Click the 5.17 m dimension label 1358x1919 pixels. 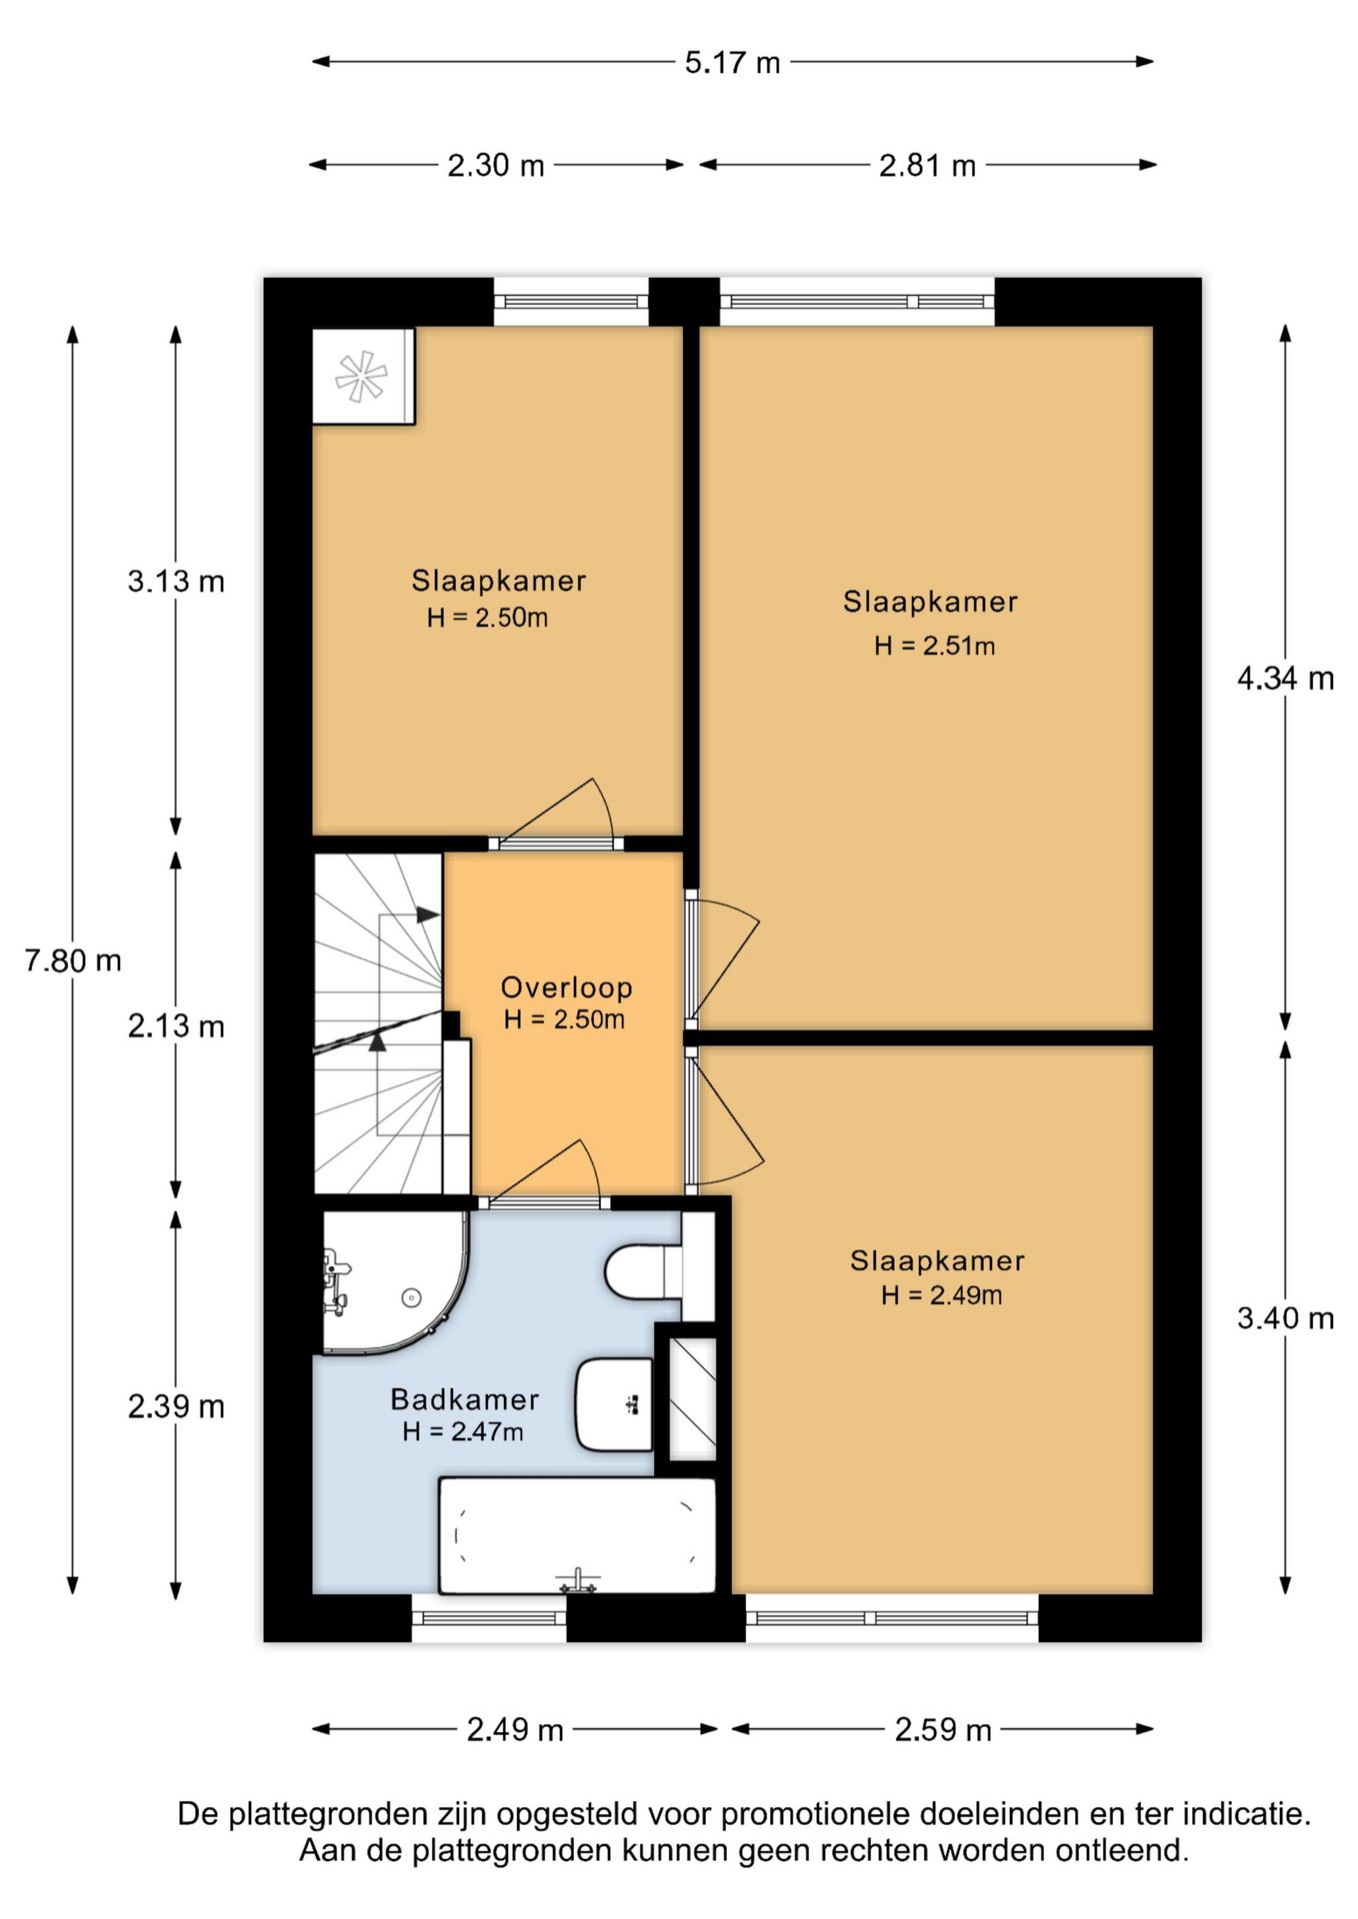pyautogui.click(x=732, y=63)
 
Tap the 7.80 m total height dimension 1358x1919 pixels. pyautogui.click(x=73, y=960)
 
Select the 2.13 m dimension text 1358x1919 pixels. pyautogui.click(x=176, y=1025)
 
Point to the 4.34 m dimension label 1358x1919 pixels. pyautogui.click(x=1285, y=679)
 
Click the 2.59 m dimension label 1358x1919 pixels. pyautogui.click(x=943, y=1730)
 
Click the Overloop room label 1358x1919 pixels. pyautogui.click(x=566, y=987)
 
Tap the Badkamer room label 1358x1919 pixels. pyautogui.click(x=464, y=1399)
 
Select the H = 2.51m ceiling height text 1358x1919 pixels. pyautogui.click(x=934, y=646)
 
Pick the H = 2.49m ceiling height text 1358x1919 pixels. pyautogui.click(x=941, y=1295)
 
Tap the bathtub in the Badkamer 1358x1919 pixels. pyautogui.click(x=577, y=1535)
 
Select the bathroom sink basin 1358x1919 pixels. pyautogui.click(x=613, y=1404)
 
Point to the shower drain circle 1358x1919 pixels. pyautogui.click(x=411, y=1297)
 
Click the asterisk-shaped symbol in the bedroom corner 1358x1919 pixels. pyautogui.click(x=360, y=376)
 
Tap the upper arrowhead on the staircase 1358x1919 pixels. pyautogui.click(x=427, y=915)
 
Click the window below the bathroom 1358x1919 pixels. pyautogui.click(x=489, y=1617)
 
